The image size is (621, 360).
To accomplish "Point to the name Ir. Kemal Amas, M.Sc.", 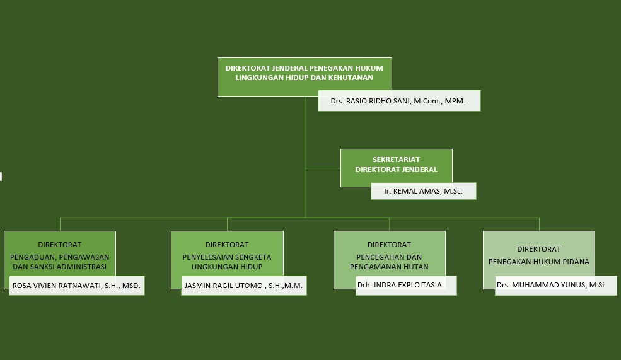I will [x=423, y=191].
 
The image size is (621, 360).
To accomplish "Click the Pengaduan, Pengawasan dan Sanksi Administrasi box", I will [x=59, y=252].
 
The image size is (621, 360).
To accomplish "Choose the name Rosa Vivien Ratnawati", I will [x=76, y=286].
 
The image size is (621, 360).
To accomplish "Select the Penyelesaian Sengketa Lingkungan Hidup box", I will [x=227, y=252].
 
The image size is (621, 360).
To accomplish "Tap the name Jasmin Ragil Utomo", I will [x=243, y=286].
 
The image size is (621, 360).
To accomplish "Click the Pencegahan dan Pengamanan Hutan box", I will [x=389, y=252].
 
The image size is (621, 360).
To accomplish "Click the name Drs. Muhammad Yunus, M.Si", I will [x=550, y=286].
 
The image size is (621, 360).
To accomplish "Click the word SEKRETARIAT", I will [x=396, y=160].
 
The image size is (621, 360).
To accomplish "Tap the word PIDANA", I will [x=576, y=262].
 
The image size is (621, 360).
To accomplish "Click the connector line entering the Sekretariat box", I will [x=323, y=168].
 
